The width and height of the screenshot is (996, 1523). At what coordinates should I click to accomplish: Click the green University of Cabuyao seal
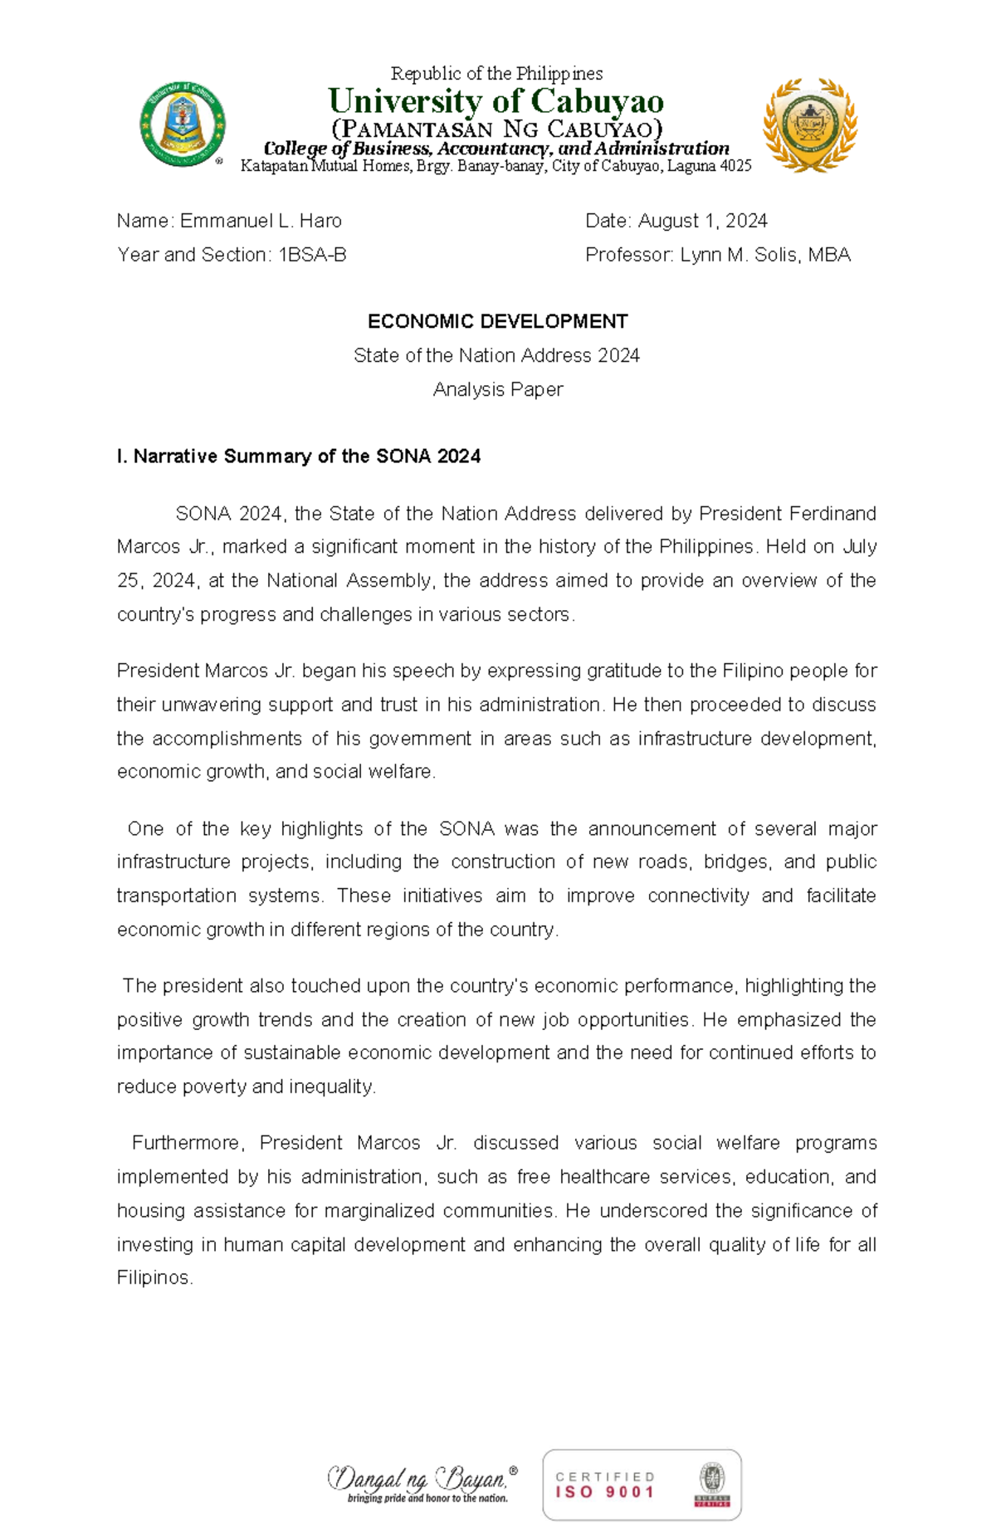(x=183, y=124)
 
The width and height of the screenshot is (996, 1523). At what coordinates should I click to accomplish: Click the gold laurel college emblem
(x=809, y=124)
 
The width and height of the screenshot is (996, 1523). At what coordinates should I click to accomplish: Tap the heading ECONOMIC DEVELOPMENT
(x=497, y=321)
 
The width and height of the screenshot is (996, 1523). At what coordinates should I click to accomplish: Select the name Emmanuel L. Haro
(x=261, y=221)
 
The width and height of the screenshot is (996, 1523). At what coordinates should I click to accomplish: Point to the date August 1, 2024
(x=702, y=221)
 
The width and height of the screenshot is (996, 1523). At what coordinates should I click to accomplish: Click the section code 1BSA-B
(x=312, y=255)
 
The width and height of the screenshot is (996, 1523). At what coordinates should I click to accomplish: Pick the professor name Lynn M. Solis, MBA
(x=765, y=255)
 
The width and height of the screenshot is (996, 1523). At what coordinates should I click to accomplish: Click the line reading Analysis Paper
(x=497, y=389)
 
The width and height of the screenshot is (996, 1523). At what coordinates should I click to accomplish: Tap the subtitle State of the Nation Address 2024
(x=497, y=355)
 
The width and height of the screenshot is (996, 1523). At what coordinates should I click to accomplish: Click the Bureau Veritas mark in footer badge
(x=711, y=1485)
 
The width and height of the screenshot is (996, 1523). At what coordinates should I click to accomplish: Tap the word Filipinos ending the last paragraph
(x=154, y=1277)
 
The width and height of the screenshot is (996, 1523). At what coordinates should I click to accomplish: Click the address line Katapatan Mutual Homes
(x=496, y=166)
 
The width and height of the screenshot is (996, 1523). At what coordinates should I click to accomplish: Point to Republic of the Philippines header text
(x=496, y=73)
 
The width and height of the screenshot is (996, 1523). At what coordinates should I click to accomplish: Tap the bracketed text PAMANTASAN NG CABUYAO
(x=496, y=129)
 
